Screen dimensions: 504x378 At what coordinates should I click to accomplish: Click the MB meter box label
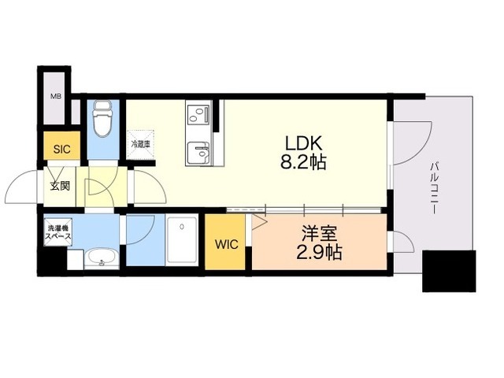tap(56, 96)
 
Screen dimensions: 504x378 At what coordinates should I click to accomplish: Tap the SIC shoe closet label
tap(61, 149)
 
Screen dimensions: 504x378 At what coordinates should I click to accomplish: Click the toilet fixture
tap(103, 117)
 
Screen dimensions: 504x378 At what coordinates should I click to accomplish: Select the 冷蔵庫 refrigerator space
tap(140, 144)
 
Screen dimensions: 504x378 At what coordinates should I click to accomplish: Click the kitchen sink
tap(198, 152)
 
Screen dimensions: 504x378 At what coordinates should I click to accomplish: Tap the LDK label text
tap(303, 143)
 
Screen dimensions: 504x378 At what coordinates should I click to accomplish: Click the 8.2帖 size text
tap(303, 162)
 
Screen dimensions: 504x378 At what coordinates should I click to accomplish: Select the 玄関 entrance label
tap(60, 186)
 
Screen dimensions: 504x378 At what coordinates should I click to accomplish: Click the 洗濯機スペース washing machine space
tap(57, 232)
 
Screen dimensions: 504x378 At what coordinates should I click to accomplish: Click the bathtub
tap(182, 239)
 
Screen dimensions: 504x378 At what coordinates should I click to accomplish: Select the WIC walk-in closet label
tap(227, 244)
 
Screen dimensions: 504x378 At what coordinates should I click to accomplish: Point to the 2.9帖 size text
tap(319, 252)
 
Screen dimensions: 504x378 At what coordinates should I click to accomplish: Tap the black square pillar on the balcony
tap(449, 271)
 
